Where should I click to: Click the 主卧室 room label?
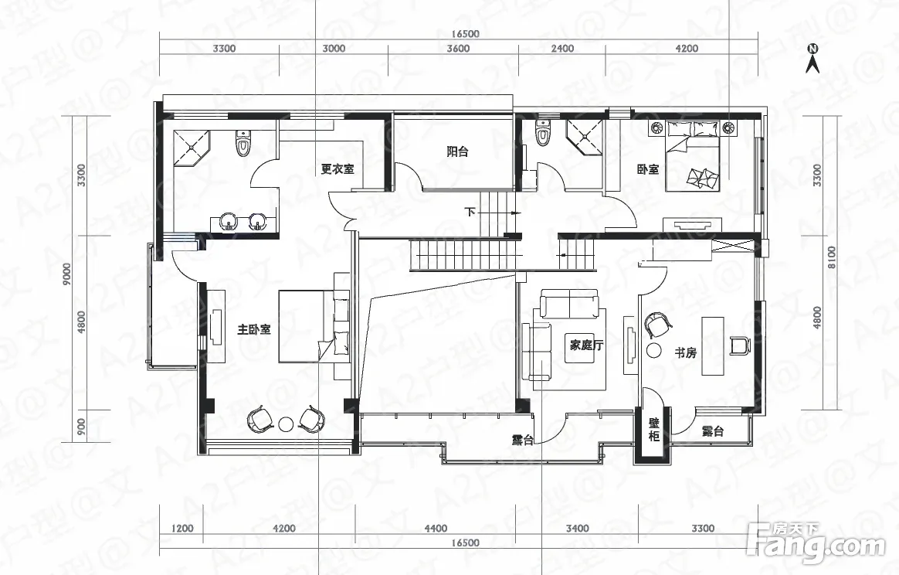point(254,330)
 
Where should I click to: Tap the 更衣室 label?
point(337,168)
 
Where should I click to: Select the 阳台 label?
point(457,151)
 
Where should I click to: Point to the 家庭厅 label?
point(586,345)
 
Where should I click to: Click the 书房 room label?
point(685,353)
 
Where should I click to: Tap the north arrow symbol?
point(812,59)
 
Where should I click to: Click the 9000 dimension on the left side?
point(67,275)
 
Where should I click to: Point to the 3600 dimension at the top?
point(458,48)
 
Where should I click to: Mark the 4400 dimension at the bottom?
point(436,529)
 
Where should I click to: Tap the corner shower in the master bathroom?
point(192,148)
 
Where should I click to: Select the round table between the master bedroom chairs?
point(285,424)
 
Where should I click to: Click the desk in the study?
point(713,345)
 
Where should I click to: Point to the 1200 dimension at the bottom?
point(183,529)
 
